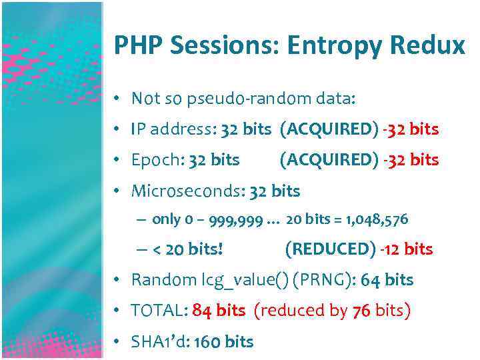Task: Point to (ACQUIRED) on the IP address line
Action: click(329, 129)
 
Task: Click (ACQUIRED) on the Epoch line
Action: click(329, 160)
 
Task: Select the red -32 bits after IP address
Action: click(411, 129)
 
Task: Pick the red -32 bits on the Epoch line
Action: click(411, 160)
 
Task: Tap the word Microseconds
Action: click(187, 191)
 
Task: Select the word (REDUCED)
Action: click(330, 249)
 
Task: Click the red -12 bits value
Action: click(407, 249)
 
